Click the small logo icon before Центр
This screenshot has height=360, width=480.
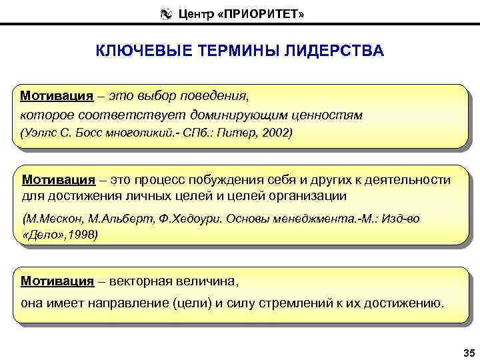tap(164, 13)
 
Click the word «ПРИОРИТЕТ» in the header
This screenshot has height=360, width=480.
tap(275, 13)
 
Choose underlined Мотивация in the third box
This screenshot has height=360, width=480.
tap(57, 281)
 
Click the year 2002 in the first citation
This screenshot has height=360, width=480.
tap(277, 133)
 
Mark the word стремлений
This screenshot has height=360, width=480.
tap(292, 304)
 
